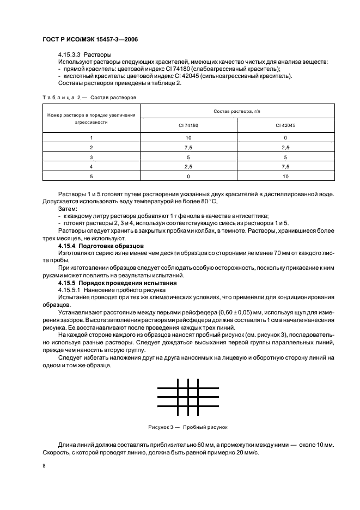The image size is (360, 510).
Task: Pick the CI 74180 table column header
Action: [x=188, y=125]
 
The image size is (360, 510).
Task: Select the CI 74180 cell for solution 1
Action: [x=188, y=138]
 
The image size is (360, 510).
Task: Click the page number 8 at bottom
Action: [x=44, y=466]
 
